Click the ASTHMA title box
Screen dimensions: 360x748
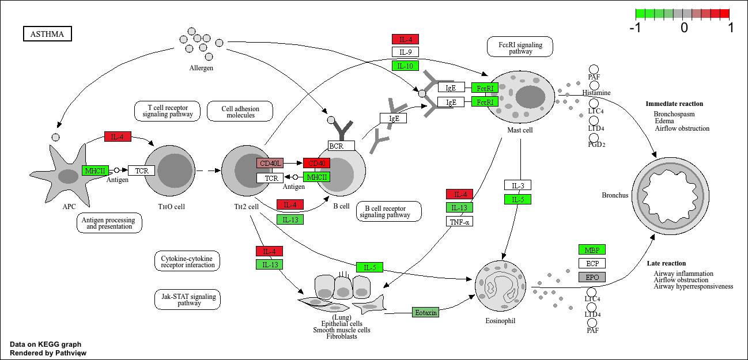click(x=47, y=35)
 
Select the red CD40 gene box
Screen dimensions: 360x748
click(x=316, y=164)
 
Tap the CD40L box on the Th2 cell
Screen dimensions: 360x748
click(x=270, y=164)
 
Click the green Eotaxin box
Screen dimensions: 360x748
click(x=426, y=312)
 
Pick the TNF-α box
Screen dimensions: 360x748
click(x=459, y=222)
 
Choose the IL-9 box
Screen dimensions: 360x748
click(x=405, y=52)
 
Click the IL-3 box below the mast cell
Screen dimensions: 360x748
click(x=517, y=185)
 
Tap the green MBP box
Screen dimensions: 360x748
click(x=592, y=250)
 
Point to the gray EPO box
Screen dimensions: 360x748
click(x=592, y=277)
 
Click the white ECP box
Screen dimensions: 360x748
click(x=592, y=263)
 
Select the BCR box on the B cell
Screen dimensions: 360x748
click(x=341, y=146)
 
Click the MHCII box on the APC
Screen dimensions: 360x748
click(x=95, y=170)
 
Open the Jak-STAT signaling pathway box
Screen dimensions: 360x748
click(x=187, y=300)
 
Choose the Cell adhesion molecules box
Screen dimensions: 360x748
click(x=240, y=112)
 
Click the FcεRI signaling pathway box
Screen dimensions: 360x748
click(x=520, y=48)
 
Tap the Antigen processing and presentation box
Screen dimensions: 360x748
click(x=109, y=223)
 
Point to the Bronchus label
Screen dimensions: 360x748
click(x=614, y=195)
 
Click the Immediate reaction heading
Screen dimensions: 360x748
click(x=674, y=104)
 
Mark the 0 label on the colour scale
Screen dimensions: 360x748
click(x=684, y=28)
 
